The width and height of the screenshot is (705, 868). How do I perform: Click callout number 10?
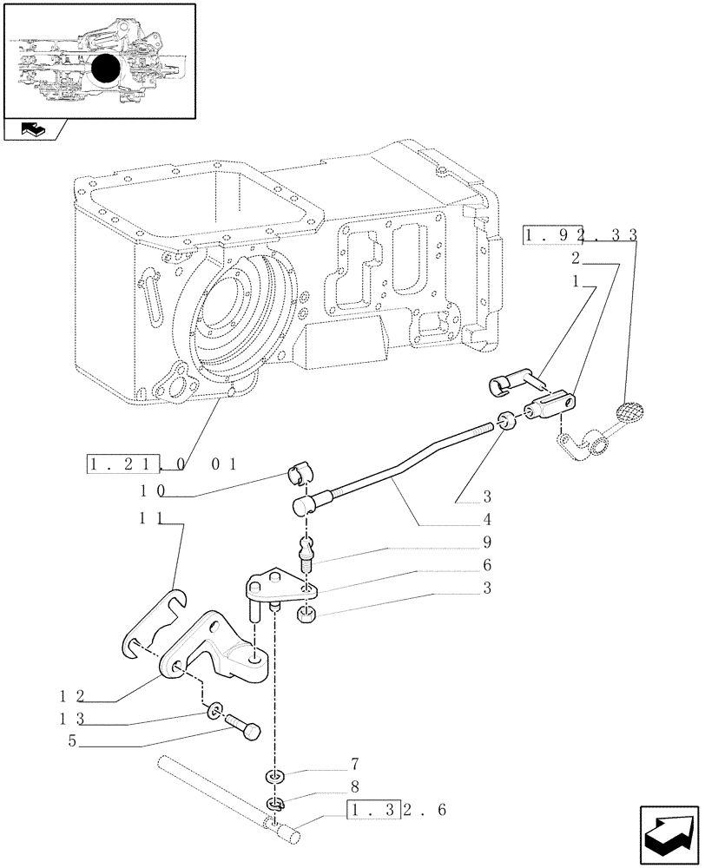coord(150,490)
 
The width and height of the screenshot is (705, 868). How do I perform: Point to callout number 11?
coord(150,519)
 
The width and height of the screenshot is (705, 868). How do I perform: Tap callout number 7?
coord(354,765)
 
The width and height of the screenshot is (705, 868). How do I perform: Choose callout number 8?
coord(354,788)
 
